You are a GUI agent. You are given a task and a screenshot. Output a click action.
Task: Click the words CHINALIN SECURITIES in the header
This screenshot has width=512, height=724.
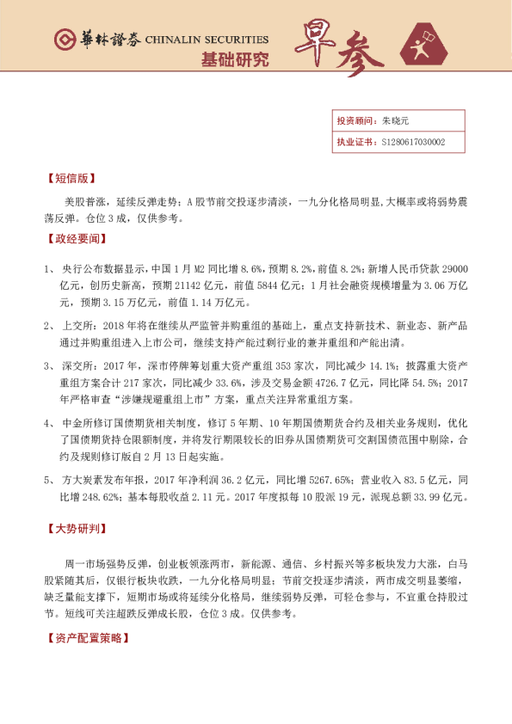pyautogui.click(x=207, y=40)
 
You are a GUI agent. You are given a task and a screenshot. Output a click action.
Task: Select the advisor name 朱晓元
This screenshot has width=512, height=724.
pyautogui.click(x=394, y=121)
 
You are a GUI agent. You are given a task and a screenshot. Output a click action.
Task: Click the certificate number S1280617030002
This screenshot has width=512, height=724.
pyautogui.click(x=413, y=142)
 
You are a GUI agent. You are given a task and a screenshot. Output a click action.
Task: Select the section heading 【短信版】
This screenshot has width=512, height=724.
pyautogui.click(x=67, y=180)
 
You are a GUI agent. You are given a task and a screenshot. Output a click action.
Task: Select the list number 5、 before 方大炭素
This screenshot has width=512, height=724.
pyautogui.click(x=49, y=478)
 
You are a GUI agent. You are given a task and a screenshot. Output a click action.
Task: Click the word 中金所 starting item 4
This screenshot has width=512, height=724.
pyautogui.click(x=78, y=422)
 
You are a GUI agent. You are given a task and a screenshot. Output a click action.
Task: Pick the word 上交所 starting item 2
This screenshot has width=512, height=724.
pyautogui.click(x=78, y=326)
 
